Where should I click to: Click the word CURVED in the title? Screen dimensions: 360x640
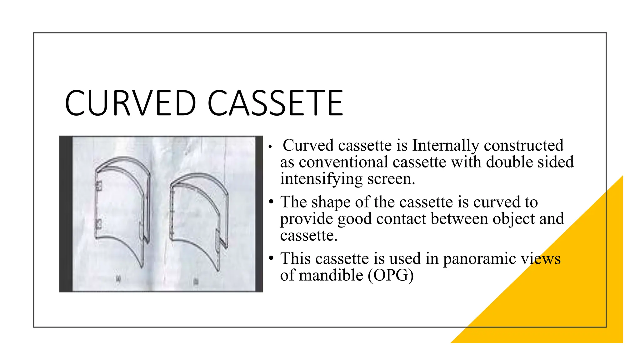(x=130, y=103)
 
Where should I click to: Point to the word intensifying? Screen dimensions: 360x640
(x=321, y=179)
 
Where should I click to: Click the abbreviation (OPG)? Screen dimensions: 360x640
(x=391, y=275)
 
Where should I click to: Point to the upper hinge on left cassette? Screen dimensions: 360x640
(x=99, y=186)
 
